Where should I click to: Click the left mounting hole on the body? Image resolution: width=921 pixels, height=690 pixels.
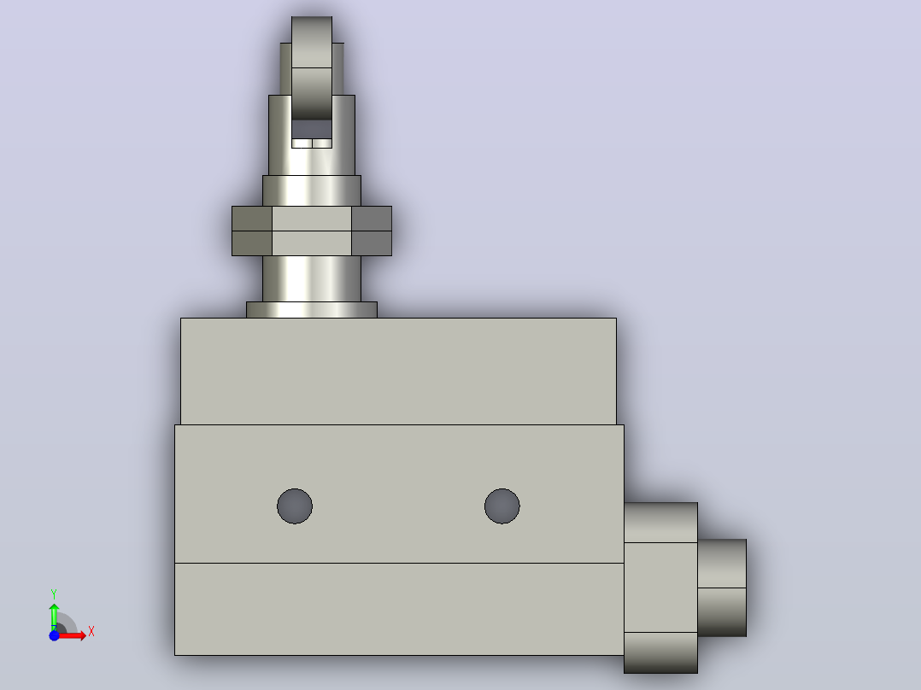coord(295,506)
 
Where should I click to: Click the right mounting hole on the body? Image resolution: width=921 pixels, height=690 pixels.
coord(502,506)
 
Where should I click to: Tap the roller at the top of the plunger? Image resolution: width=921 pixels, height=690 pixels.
coord(312,67)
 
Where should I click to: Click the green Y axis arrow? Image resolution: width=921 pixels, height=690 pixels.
coord(54,617)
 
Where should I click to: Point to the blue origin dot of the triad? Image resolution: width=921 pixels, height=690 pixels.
coord(54,635)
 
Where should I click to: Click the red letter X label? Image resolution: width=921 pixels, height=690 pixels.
coord(91,632)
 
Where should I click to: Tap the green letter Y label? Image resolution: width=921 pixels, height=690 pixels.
coord(54,594)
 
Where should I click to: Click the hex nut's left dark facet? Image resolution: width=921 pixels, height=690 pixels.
coord(252,231)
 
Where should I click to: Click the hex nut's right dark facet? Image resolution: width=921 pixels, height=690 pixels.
coord(372,231)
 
